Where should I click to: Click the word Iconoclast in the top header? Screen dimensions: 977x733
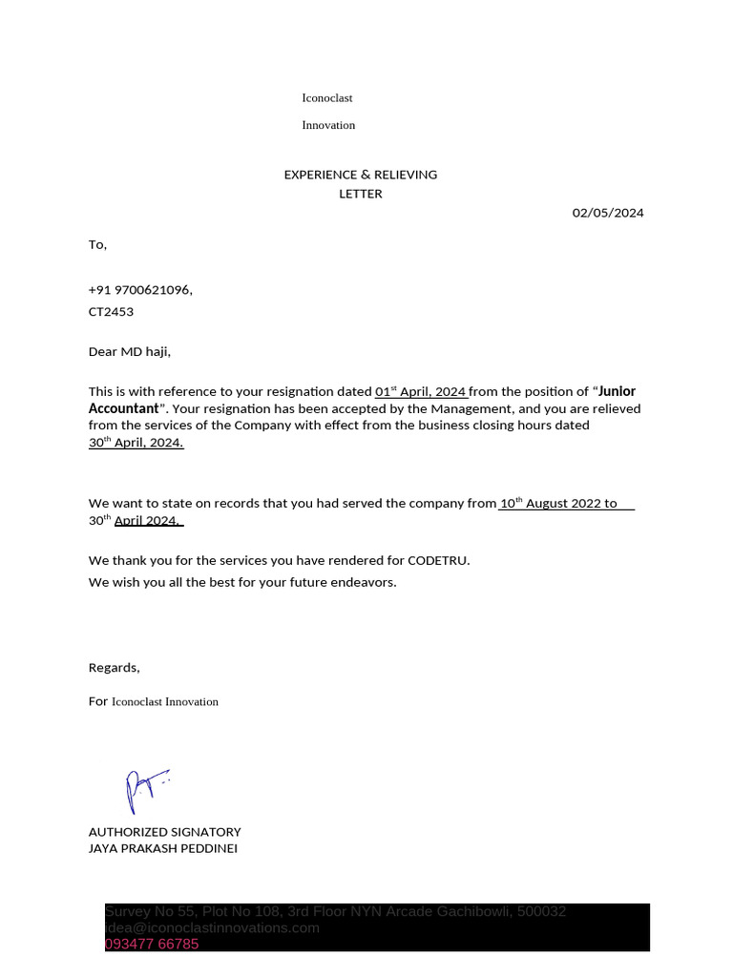pyautogui.click(x=327, y=98)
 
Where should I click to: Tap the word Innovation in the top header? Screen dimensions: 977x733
pyautogui.click(x=328, y=125)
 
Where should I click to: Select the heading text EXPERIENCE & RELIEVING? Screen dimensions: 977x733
pyautogui.click(x=360, y=175)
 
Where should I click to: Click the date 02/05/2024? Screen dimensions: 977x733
pyautogui.click(x=608, y=213)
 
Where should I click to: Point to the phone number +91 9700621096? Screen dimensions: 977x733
pyautogui.click(x=139, y=290)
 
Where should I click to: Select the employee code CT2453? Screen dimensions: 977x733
pyautogui.click(x=111, y=312)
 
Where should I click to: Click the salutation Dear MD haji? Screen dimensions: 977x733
pyautogui.click(x=129, y=352)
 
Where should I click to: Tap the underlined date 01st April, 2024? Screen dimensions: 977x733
pyautogui.click(x=420, y=391)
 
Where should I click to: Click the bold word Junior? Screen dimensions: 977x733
pyautogui.click(x=617, y=391)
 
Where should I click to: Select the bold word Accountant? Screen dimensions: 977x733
pyautogui.click(x=123, y=408)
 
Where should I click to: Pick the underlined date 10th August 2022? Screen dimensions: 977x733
pyautogui.click(x=550, y=503)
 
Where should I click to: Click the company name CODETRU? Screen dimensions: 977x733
pyautogui.click(x=438, y=561)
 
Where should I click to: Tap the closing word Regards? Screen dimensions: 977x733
pyautogui.click(x=114, y=668)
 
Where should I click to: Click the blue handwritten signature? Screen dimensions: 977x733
pyautogui.click(x=144, y=790)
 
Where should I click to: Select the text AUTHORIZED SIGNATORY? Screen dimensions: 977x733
pyautogui.click(x=164, y=832)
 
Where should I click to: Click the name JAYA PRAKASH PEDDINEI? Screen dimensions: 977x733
pyautogui.click(x=162, y=848)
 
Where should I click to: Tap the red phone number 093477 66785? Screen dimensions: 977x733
pyautogui.click(x=152, y=945)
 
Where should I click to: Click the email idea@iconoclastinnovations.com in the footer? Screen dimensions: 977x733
pyautogui.click(x=212, y=927)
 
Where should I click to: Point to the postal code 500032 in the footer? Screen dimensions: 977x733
pyautogui.click(x=541, y=911)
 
